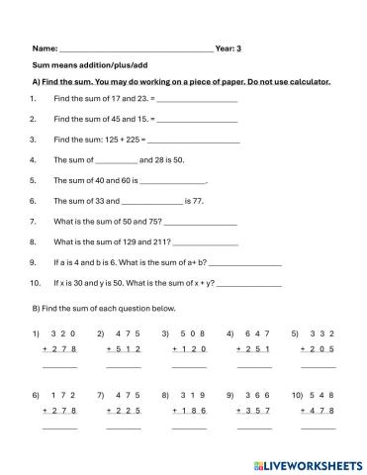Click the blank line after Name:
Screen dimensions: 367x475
(137, 48)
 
